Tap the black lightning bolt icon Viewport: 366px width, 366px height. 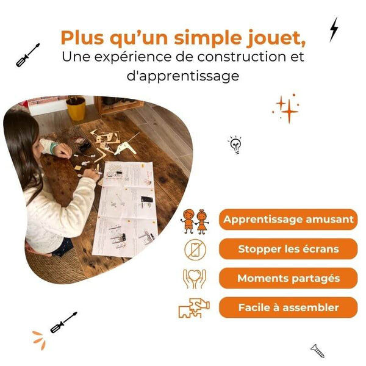click(x=334, y=29)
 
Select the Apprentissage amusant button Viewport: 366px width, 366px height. click(x=288, y=220)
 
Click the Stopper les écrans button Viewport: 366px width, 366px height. click(x=288, y=249)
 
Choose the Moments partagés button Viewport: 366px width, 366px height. click(x=288, y=278)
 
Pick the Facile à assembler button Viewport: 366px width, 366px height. click(x=288, y=307)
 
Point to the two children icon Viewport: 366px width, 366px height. click(x=195, y=220)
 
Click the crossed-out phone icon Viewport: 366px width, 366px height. click(x=195, y=249)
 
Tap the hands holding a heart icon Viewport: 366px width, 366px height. click(x=195, y=278)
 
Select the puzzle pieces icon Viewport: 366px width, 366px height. click(x=194, y=308)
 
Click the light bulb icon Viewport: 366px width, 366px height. click(x=235, y=145)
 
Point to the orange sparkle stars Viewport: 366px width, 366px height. click(x=286, y=109)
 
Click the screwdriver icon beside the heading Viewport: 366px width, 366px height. click(x=28, y=54)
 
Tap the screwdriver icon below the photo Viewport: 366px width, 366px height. click(x=63, y=322)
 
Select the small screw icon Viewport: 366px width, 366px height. click(x=317, y=350)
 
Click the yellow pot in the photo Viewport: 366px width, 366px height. click(x=76, y=109)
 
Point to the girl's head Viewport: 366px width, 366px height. click(x=21, y=137)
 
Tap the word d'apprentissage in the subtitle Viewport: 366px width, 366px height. click(x=183, y=76)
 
